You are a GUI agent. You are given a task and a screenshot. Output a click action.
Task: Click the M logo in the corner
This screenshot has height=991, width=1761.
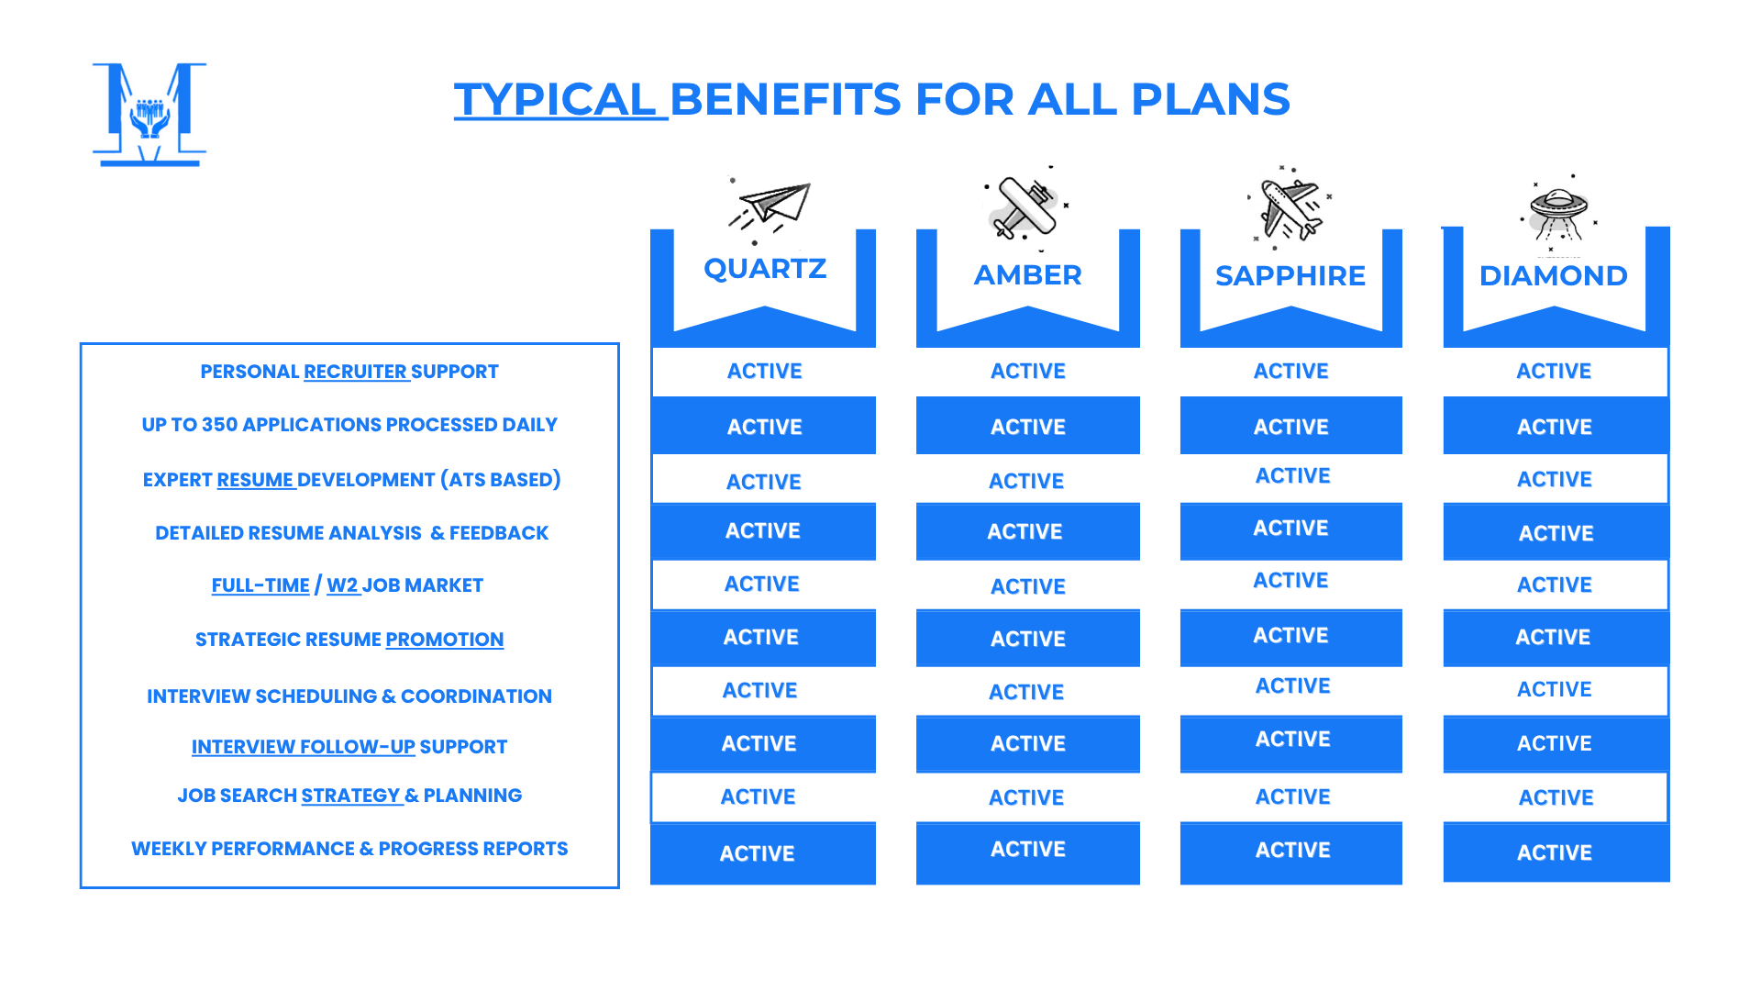(150, 115)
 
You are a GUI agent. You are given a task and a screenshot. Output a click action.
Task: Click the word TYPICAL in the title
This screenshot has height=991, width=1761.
(555, 99)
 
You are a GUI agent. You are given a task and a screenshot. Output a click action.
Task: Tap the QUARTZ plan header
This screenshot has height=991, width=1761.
(765, 268)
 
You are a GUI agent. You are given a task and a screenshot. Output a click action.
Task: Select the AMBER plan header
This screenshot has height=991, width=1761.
(1027, 274)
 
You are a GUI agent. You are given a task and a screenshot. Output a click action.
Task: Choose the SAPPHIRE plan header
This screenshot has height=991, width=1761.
(1290, 275)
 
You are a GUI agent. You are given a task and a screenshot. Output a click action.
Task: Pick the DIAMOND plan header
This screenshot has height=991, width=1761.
(1554, 275)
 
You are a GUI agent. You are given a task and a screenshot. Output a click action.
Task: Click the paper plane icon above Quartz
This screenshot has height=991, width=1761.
(770, 209)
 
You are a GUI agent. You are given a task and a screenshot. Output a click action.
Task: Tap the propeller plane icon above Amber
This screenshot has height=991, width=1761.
(1027, 207)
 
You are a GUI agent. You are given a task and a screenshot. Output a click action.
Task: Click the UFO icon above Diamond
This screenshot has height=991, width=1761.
(1558, 213)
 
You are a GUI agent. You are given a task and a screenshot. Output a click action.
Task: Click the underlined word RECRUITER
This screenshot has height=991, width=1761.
(356, 372)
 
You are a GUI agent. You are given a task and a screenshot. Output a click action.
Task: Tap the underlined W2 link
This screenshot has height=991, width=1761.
(342, 585)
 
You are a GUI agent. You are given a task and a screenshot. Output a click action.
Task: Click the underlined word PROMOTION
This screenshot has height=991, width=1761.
(445, 640)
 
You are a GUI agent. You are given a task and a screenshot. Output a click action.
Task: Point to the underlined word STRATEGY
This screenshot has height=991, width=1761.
(351, 796)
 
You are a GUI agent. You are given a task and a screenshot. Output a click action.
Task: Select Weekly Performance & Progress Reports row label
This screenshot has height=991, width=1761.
(349, 849)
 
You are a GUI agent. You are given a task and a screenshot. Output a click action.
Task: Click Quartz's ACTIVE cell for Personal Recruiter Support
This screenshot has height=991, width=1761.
(764, 372)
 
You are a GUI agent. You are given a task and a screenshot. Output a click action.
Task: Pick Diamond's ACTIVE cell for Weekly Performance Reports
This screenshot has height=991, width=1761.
(1556, 852)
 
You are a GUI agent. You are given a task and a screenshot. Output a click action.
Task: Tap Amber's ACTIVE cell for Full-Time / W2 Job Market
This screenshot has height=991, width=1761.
(1028, 586)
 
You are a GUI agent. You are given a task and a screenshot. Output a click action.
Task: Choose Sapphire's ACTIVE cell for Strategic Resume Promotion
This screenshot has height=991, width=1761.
(1290, 636)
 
